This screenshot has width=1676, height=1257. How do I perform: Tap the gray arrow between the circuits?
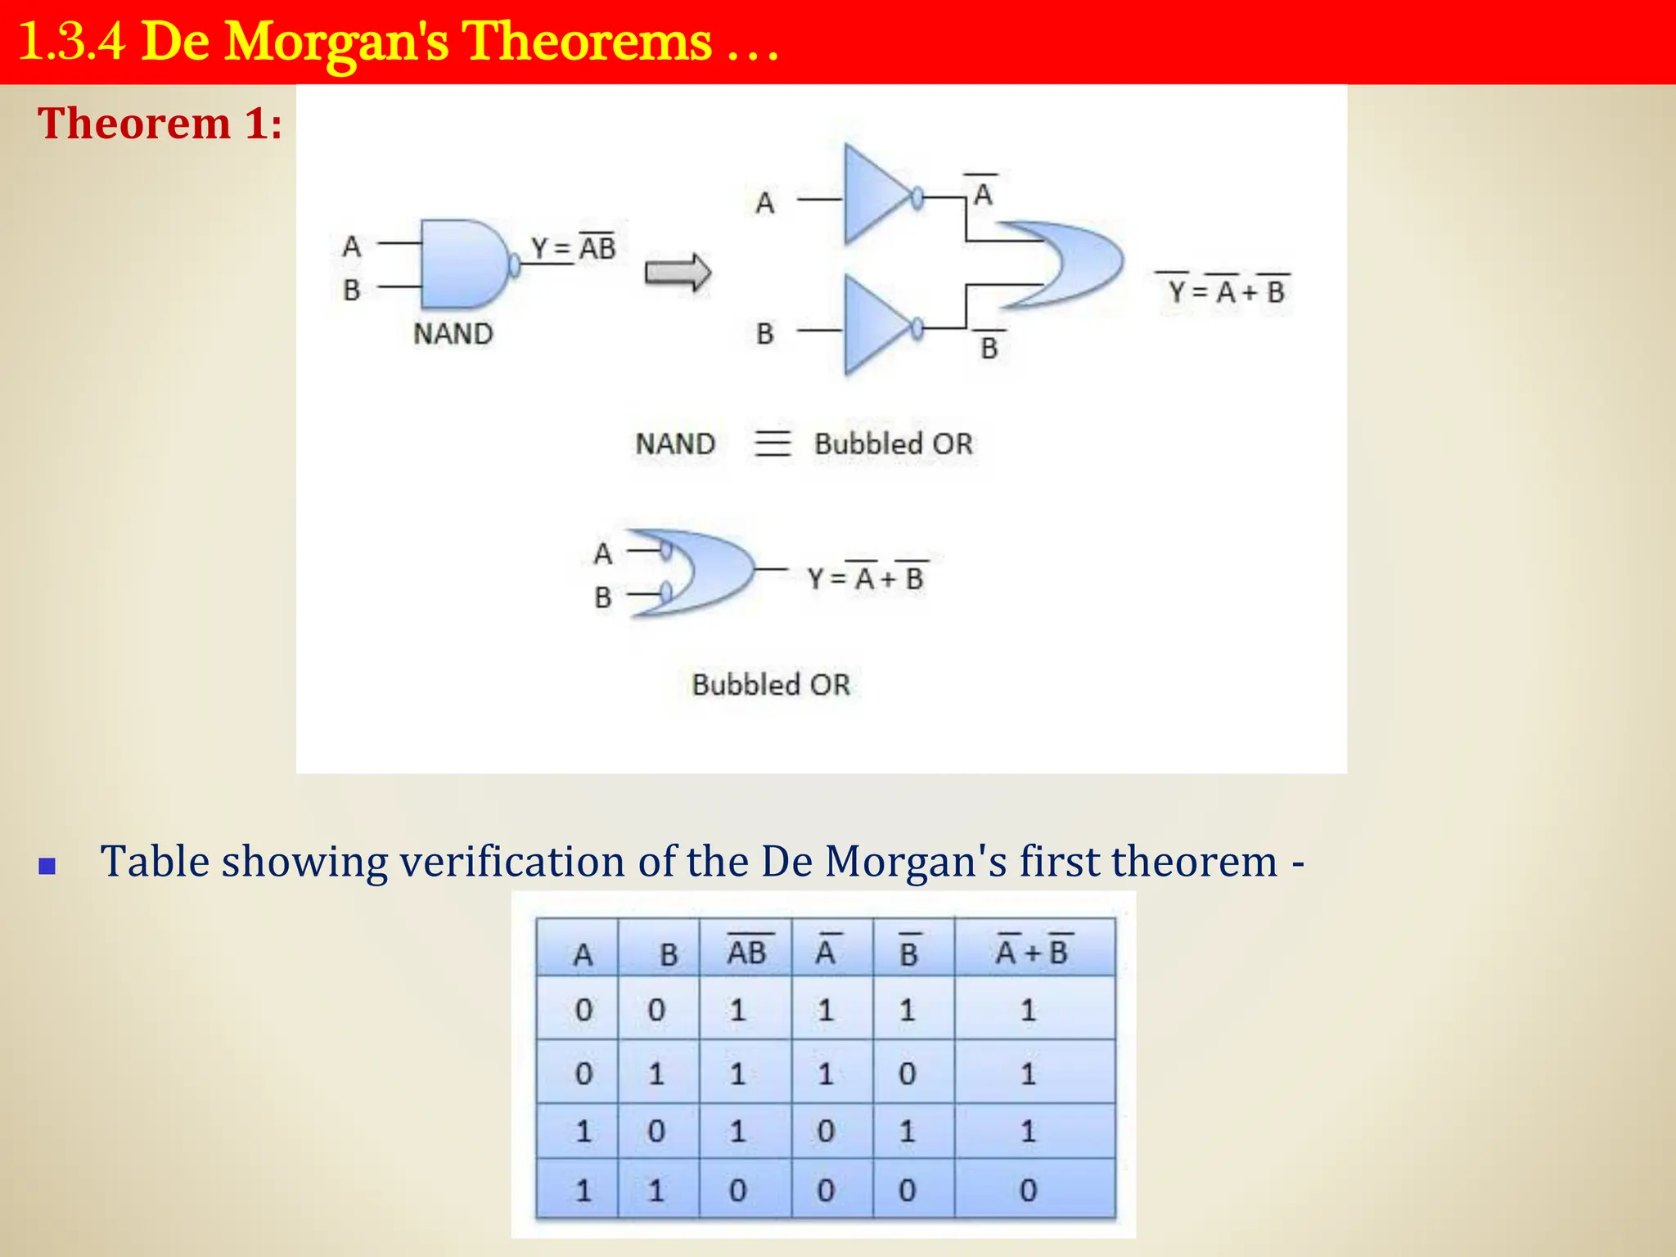pyautogui.click(x=678, y=273)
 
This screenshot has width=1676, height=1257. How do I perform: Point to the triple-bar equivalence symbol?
pyautogui.click(x=773, y=444)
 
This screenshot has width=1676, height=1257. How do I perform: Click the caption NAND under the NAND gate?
pyautogui.click(x=453, y=334)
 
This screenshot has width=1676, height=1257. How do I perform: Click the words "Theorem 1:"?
pyautogui.click(x=160, y=124)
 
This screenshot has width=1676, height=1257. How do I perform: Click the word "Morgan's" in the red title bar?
pyautogui.click(x=336, y=42)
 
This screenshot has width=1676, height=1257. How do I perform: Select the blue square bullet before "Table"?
pyautogui.click(x=47, y=866)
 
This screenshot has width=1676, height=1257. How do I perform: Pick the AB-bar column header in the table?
pyautogui.click(x=746, y=951)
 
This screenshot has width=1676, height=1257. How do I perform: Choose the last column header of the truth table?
pyautogui.click(x=1033, y=951)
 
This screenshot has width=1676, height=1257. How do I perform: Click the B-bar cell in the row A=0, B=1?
pyautogui.click(x=907, y=1073)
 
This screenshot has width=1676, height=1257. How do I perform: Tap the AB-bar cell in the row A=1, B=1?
pyautogui.click(x=738, y=1189)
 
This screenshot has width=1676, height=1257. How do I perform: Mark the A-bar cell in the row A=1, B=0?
pyautogui.click(x=826, y=1131)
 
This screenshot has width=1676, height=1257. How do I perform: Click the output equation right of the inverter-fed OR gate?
pyautogui.click(x=1224, y=290)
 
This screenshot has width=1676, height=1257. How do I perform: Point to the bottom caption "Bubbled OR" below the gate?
pyautogui.click(x=771, y=684)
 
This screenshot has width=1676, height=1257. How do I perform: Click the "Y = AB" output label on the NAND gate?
pyautogui.click(x=573, y=247)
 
